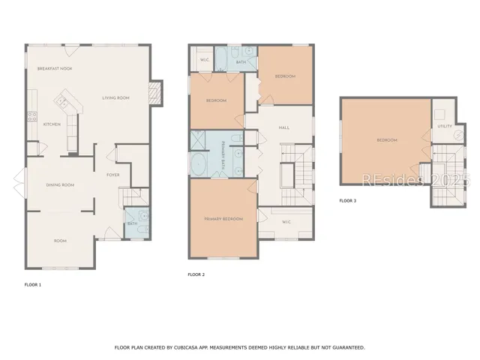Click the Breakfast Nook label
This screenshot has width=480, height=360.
[x=55, y=68]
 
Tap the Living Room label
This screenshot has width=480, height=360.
[x=116, y=97]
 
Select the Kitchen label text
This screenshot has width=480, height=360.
[x=52, y=124]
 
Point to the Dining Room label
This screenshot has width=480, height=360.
[x=60, y=184]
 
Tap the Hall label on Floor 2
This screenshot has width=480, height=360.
[x=284, y=127]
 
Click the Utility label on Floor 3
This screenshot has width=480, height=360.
[x=444, y=126]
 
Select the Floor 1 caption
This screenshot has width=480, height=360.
[x=33, y=285]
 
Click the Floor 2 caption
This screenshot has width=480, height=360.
[x=196, y=274]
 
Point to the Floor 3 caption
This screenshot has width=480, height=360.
[x=348, y=200]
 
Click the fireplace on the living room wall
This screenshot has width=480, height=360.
[x=157, y=93]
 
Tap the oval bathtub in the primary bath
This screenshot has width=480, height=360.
[x=200, y=164]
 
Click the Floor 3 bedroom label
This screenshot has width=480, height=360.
[x=386, y=140]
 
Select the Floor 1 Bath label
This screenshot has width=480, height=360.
[x=132, y=223]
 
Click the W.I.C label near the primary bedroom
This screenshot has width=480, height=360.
[x=286, y=221]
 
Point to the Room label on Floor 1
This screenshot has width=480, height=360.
[x=60, y=241]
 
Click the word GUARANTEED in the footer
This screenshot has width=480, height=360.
[x=347, y=347]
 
